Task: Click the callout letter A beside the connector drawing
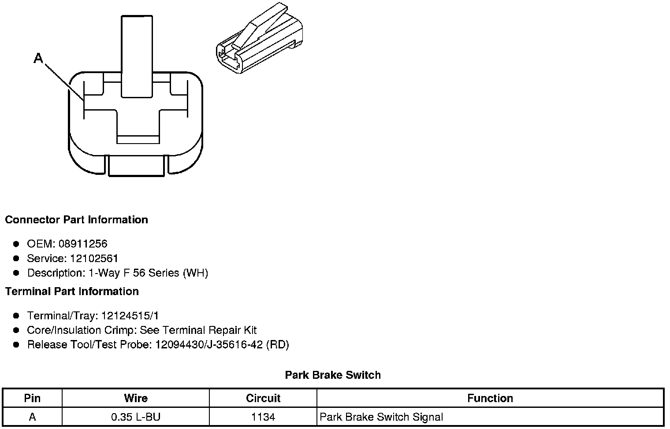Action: click(x=39, y=58)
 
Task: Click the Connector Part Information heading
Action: click(x=76, y=220)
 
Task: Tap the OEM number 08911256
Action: click(x=83, y=244)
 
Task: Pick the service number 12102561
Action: click(x=94, y=259)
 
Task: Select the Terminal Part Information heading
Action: click(x=72, y=292)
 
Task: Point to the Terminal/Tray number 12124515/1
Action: click(x=130, y=316)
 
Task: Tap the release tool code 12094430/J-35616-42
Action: click(x=208, y=345)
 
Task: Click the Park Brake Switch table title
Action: click(x=333, y=375)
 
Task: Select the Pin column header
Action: click(x=32, y=399)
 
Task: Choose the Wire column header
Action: click(x=136, y=399)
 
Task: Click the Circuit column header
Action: click(x=263, y=399)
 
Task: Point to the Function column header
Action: click(x=490, y=399)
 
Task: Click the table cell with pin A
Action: click(x=32, y=417)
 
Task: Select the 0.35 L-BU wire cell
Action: click(x=136, y=417)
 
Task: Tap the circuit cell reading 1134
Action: click(x=263, y=417)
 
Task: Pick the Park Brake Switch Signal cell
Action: click(x=381, y=417)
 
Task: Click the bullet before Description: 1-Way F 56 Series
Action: click(x=16, y=273)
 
